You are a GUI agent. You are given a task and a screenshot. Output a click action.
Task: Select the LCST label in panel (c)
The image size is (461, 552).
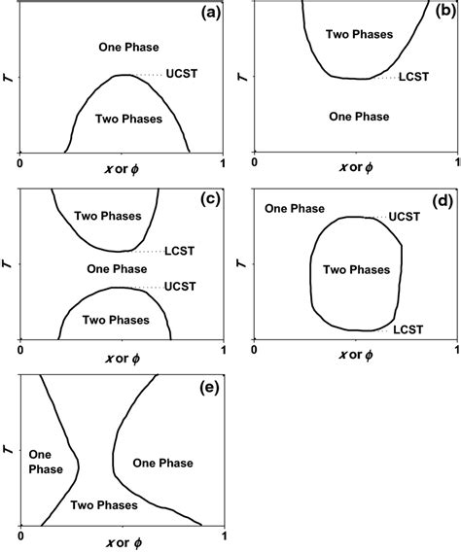click(x=182, y=250)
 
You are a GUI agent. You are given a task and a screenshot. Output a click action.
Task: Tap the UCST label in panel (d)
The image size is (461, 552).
click(x=405, y=217)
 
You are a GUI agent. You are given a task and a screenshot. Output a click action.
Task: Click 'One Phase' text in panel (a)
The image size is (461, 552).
click(x=129, y=48)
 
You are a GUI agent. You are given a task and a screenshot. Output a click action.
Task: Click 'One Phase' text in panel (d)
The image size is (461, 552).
click(x=289, y=207)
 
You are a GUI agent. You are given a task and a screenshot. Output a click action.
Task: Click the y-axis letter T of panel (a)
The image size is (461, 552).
click(x=8, y=77)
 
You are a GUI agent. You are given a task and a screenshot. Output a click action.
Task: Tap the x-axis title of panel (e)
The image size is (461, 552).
click(x=121, y=545)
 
